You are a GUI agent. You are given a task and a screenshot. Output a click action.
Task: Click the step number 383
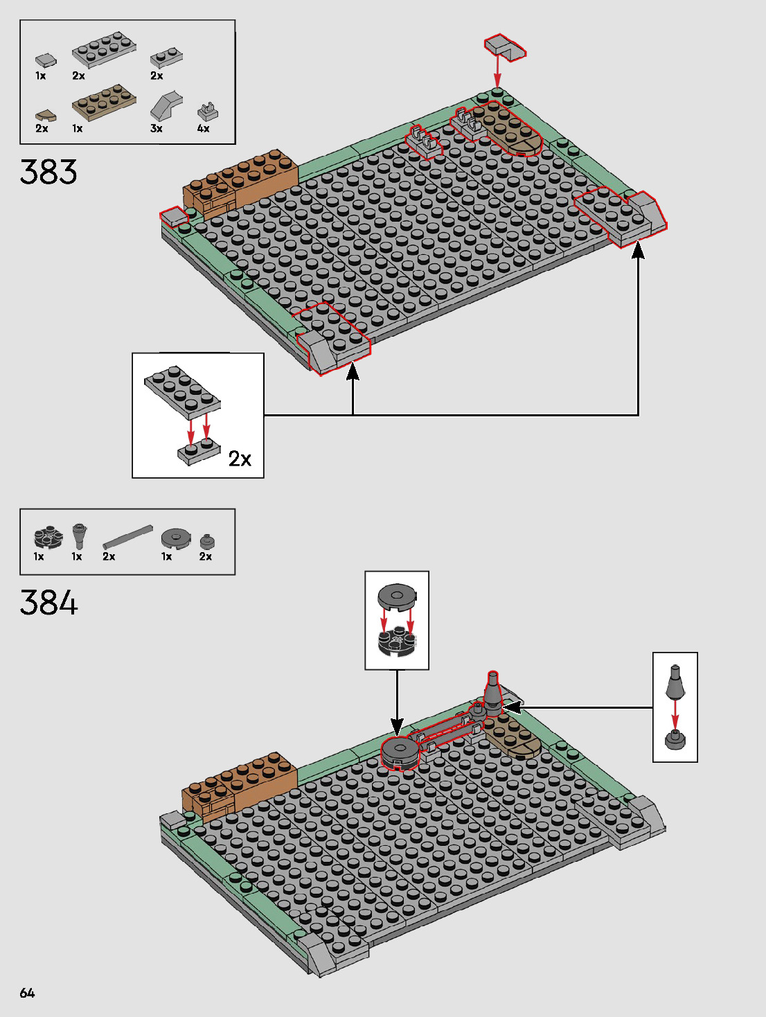click(x=48, y=172)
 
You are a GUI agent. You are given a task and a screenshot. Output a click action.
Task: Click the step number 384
click(x=48, y=603)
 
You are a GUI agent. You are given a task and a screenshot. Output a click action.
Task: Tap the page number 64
click(x=27, y=993)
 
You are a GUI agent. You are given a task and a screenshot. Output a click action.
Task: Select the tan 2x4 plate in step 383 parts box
click(x=104, y=103)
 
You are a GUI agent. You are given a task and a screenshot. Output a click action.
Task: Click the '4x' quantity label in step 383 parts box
click(x=203, y=129)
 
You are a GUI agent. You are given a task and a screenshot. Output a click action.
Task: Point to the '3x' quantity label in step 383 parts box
click(x=157, y=129)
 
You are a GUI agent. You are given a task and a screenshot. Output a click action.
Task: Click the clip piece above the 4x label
click(x=207, y=110)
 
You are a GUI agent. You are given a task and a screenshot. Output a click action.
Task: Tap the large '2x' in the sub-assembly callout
click(x=240, y=459)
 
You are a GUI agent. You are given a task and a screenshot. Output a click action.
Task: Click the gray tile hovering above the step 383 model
click(x=504, y=47)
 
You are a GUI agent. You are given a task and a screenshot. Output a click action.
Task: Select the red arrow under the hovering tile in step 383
click(x=497, y=72)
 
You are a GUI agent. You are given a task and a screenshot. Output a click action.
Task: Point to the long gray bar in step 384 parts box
click(x=127, y=537)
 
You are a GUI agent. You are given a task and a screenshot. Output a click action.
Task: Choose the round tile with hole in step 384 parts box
click(x=177, y=538)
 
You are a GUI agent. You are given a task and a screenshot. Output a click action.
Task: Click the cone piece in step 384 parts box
click(x=79, y=536)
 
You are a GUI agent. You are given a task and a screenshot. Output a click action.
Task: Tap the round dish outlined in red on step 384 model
click(x=400, y=752)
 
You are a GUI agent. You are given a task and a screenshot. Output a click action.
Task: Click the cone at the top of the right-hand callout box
click(x=675, y=682)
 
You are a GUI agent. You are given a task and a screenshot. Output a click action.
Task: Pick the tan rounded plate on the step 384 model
click(x=513, y=736)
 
